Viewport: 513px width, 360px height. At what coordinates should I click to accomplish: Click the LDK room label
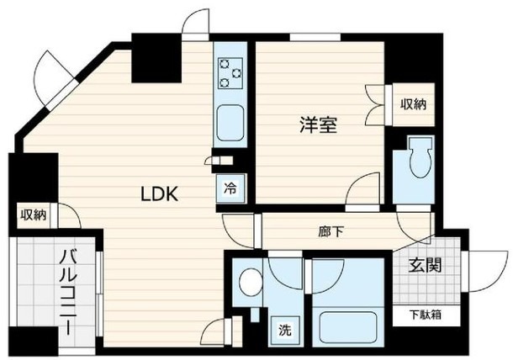pos(159,193)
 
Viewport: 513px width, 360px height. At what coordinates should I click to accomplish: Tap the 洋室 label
pos(319,124)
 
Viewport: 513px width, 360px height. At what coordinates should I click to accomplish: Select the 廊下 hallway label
pos(331,232)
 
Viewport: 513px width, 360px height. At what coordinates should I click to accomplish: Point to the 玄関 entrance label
pos(426,265)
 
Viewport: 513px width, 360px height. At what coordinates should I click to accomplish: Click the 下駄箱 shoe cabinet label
pos(426,315)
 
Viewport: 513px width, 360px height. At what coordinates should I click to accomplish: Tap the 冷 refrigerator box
pos(230,188)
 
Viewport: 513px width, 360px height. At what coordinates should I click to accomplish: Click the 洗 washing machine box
pos(284,331)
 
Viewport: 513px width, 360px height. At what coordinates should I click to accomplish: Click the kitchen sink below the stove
pos(230,123)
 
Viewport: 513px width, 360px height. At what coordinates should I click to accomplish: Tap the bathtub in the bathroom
pos(348,327)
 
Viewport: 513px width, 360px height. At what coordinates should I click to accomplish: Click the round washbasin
pos(251,282)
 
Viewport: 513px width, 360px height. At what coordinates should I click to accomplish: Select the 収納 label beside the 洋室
pos(414,104)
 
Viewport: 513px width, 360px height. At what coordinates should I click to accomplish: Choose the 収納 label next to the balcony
pos(34,215)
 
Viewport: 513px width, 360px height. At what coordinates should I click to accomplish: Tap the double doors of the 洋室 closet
pos(375,105)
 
